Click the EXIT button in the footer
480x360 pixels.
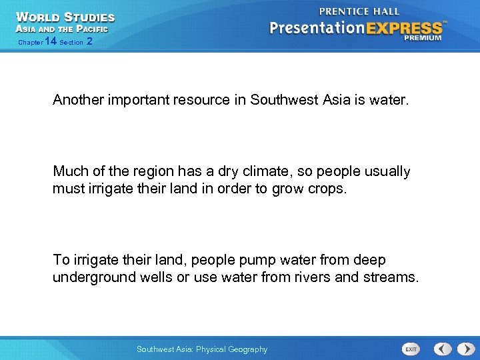coord(411,349)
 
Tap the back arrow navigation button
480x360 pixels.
coord(442,349)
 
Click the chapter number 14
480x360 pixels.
coord(50,41)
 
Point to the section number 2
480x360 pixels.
coord(89,41)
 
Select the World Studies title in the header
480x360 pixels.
coord(65,17)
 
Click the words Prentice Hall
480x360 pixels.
coord(360,11)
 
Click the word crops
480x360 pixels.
coord(328,189)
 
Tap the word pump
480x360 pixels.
coord(237,260)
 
